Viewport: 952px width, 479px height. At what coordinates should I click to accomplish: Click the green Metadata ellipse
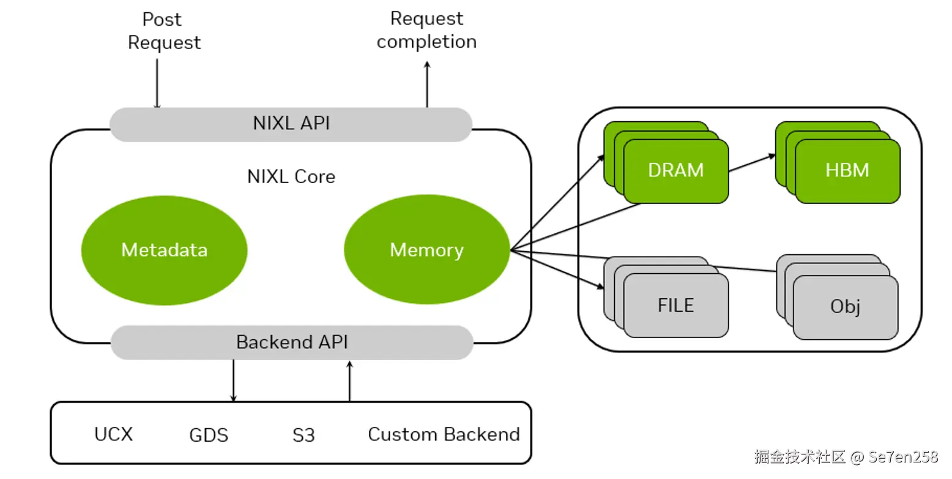[x=164, y=250]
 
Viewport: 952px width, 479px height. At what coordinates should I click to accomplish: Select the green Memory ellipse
[x=426, y=250]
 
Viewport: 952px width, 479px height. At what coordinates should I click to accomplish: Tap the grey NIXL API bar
[x=291, y=124]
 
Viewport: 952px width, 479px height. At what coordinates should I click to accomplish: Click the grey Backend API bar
[x=292, y=342]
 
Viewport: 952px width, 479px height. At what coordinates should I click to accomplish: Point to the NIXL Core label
[x=291, y=177]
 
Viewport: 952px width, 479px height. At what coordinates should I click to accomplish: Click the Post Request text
[x=163, y=31]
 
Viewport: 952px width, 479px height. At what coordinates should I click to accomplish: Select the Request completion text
[x=426, y=30]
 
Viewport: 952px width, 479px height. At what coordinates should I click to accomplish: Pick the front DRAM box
[x=675, y=171]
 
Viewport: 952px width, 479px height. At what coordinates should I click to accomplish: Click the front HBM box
[x=847, y=170]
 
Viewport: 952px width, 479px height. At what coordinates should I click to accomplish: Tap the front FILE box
[x=675, y=305]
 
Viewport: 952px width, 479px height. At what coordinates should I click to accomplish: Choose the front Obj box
[x=846, y=307]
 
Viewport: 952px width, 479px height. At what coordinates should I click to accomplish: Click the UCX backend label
[x=113, y=434]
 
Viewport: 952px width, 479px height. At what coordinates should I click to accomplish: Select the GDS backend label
[x=209, y=436]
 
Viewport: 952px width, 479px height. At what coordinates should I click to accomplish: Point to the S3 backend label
[x=303, y=436]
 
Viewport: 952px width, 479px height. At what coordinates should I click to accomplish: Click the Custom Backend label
[x=444, y=434]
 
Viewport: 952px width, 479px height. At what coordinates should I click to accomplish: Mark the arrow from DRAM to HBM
[x=752, y=163]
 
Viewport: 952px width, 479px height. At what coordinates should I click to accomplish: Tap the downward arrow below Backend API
[x=233, y=380]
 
